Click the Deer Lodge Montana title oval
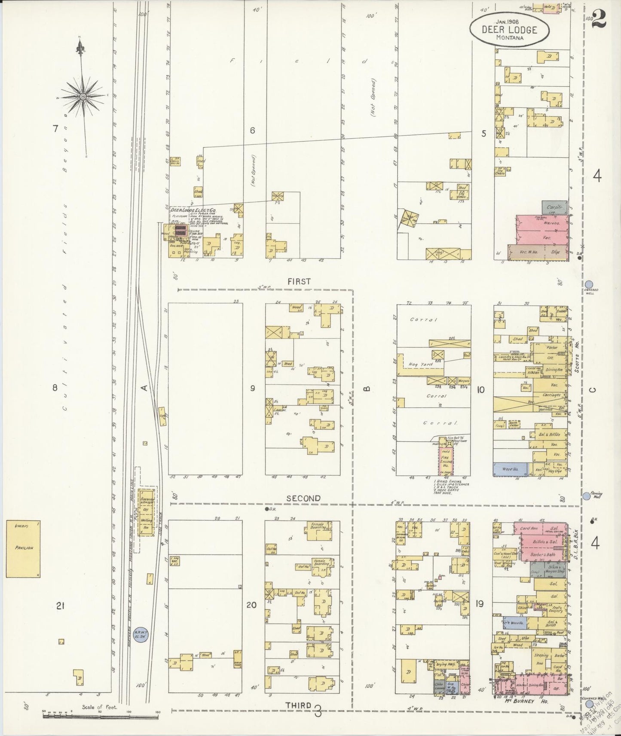[509, 30]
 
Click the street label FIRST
[299, 281]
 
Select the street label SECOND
[303, 498]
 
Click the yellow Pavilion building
[24, 548]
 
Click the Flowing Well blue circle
[586, 496]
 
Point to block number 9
[253, 388]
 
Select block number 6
[253, 130]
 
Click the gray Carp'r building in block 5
[554, 207]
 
